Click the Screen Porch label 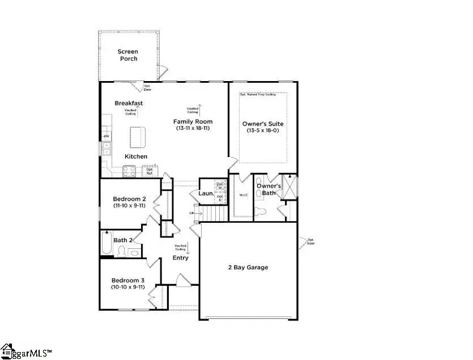pyautogui.click(x=127, y=55)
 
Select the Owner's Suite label pyautogui.click(x=262, y=124)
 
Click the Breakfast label pyautogui.click(x=129, y=103)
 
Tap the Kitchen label pyautogui.click(x=136, y=156)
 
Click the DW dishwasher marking pyautogui.click(x=106, y=137)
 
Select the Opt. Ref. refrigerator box pyautogui.click(x=150, y=170)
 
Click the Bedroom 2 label pyautogui.click(x=129, y=199)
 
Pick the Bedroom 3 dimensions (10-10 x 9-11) pyautogui.click(x=128, y=287)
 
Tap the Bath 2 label pyautogui.click(x=123, y=240)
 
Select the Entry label pyautogui.click(x=180, y=259)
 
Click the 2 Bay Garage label pyautogui.click(x=248, y=267)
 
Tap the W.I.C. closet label pyautogui.click(x=244, y=196)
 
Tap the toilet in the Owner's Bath pyautogui.click(x=260, y=213)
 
